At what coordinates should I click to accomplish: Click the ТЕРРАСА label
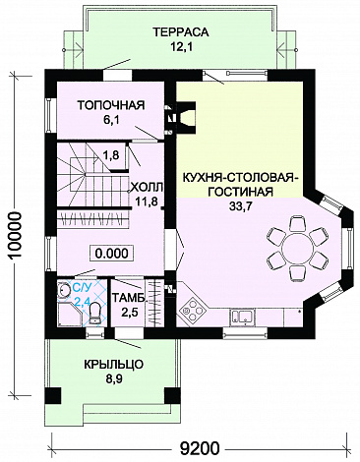click(x=180, y=32)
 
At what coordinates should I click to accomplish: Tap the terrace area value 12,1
click(x=180, y=46)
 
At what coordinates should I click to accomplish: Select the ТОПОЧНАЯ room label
click(x=111, y=105)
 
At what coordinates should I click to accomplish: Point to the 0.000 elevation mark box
click(x=112, y=254)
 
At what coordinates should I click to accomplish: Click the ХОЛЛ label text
click(x=147, y=188)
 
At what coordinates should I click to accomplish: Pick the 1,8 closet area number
click(x=112, y=154)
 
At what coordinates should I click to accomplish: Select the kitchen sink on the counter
click(x=243, y=318)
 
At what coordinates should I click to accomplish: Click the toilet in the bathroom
click(x=95, y=314)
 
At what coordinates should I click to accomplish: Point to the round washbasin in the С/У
click(x=63, y=290)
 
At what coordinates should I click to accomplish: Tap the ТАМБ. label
click(x=129, y=298)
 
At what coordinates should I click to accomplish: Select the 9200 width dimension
click(x=200, y=448)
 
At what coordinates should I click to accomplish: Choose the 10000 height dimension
click(x=15, y=236)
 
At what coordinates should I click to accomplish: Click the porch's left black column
click(x=53, y=396)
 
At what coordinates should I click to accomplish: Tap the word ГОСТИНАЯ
click(x=240, y=192)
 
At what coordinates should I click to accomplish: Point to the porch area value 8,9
click(x=112, y=379)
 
